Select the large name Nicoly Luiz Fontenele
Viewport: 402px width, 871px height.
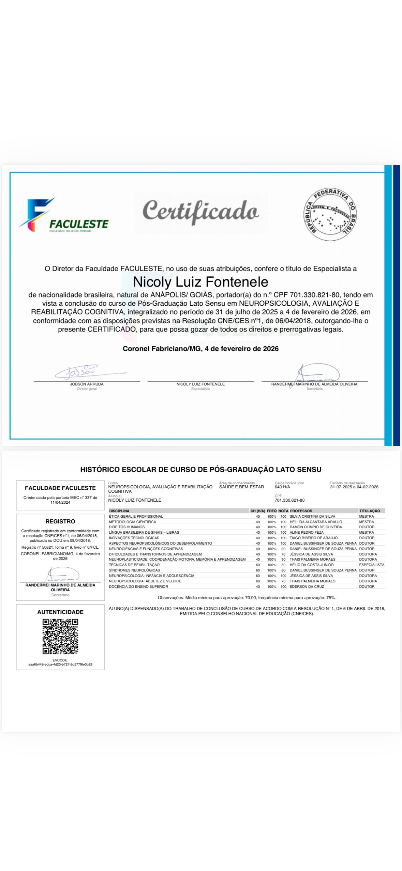pos(200,282)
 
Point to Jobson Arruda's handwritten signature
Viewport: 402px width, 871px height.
pos(85,372)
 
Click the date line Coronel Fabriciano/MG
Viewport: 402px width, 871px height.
pos(200,349)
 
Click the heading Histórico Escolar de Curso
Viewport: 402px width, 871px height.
pos(200,470)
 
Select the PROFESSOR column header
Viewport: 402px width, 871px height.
pos(301,511)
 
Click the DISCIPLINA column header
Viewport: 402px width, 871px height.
pos(119,511)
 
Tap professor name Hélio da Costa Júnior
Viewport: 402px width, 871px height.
pos(312,565)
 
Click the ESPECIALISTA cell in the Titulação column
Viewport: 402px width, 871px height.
pos(371,565)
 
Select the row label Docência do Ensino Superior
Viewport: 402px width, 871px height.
pos(138,586)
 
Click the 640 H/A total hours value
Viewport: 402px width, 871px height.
pos(282,487)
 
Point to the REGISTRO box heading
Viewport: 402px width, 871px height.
pos(60,521)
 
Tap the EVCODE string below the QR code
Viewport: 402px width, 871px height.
pos(60,664)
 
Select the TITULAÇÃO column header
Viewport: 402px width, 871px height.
pos(370,511)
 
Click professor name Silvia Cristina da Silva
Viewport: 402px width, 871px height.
pos(312,516)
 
